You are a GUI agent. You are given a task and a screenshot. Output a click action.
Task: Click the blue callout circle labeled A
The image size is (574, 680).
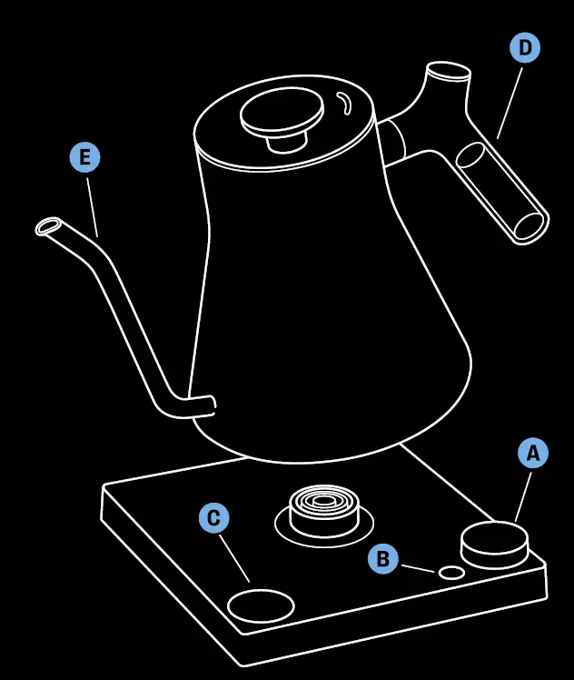tap(533, 453)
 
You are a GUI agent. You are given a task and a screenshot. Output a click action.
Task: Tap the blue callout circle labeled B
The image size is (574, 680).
tap(382, 558)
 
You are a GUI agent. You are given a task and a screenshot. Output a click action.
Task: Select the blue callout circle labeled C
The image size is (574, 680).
tap(213, 518)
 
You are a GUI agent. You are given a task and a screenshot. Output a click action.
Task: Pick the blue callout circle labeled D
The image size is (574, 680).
tap(525, 48)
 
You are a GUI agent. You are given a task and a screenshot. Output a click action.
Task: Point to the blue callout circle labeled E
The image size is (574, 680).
tap(84, 157)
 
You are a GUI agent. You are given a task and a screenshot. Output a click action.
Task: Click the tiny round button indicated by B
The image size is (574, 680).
tap(450, 573)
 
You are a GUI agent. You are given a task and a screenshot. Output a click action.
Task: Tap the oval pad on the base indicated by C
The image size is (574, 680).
tap(260, 604)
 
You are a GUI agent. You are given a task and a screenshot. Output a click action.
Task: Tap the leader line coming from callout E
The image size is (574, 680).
tap(92, 205)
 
